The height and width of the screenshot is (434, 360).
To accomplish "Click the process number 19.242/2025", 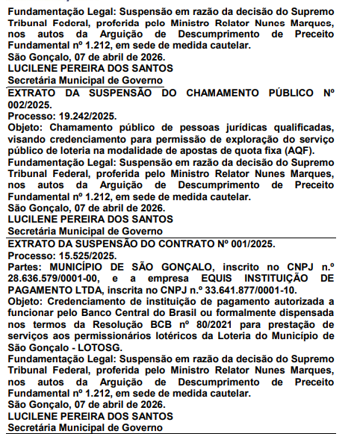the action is pyautogui.click(x=87, y=117).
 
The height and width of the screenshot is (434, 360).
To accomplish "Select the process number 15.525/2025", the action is pyautogui.click(x=87, y=255).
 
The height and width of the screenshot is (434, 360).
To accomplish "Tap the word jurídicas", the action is pyautogui.click(x=205, y=128).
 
